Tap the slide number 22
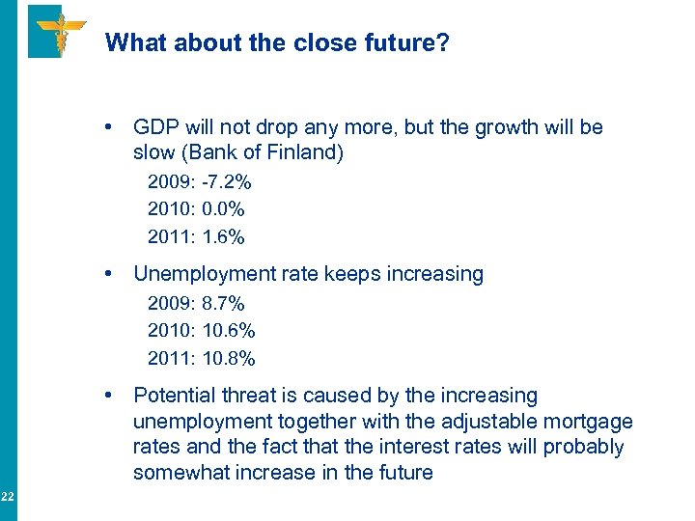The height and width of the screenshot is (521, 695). pyautogui.click(x=7, y=497)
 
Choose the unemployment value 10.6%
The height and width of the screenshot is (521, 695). pyautogui.click(x=229, y=331)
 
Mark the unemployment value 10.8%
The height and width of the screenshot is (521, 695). pyautogui.click(x=229, y=358)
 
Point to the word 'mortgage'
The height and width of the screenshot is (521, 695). pyautogui.click(x=590, y=422)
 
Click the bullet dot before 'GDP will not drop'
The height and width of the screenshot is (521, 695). pyautogui.click(x=114, y=127)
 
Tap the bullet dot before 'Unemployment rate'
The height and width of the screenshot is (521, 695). pyautogui.click(x=114, y=274)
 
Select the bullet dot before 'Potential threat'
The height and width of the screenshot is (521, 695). pyautogui.click(x=114, y=396)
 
